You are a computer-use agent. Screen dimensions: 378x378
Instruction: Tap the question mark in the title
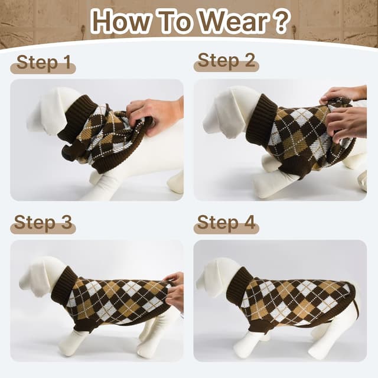coord(281,21)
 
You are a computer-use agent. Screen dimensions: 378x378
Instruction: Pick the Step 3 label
coord(43,223)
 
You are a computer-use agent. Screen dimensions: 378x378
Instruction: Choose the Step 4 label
coord(226,223)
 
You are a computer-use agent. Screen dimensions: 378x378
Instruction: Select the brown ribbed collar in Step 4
coord(240,283)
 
